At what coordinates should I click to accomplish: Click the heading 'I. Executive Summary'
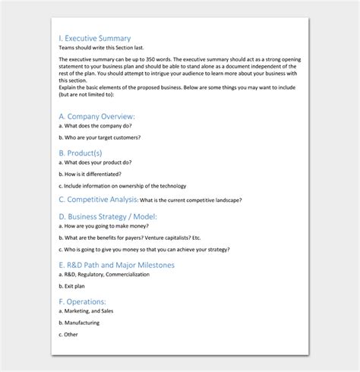(94, 38)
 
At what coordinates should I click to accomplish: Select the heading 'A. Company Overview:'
(96, 116)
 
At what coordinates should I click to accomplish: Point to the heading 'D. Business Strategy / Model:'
(107, 216)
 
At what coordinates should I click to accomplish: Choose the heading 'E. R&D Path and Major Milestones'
(116, 265)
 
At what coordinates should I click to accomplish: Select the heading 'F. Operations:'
(82, 301)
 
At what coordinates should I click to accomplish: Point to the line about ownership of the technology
(122, 186)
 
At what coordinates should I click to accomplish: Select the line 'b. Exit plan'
(72, 286)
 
